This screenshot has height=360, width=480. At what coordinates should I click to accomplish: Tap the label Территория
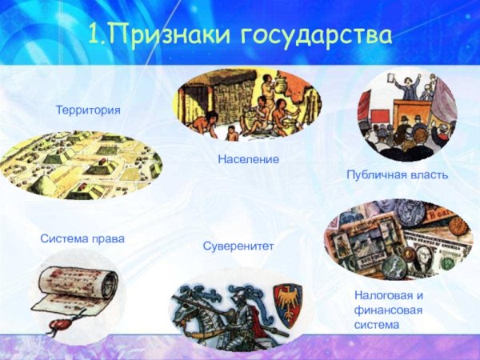(x=88, y=109)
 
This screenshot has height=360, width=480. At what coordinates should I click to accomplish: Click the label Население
(x=248, y=160)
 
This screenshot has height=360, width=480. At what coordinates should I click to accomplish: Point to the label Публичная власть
(x=397, y=174)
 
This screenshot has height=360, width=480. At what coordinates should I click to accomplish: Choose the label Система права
(x=82, y=239)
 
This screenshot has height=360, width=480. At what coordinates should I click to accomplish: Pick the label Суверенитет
(x=238, y=246)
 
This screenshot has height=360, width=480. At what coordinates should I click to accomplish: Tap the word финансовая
(x=389, y=310)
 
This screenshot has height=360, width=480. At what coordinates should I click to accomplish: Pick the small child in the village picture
(x=232, y=132)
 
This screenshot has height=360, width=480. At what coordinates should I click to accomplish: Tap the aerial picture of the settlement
(x=80, y=164)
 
